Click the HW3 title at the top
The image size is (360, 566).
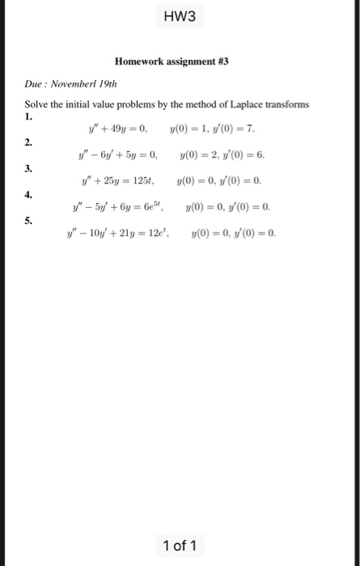(x=180, y=16)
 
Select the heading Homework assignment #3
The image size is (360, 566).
(x=172, y=61)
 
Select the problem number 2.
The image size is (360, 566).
(x=28, y=142)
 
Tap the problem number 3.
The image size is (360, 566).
(x=28, y=168)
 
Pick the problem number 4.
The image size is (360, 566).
(x=28, y=194)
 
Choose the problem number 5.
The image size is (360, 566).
(x=28, y=220)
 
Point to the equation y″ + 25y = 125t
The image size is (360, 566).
(x=118, y=180)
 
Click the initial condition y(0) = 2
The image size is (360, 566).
(x=197, y=154)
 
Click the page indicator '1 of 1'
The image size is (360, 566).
(x=179, y=547)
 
